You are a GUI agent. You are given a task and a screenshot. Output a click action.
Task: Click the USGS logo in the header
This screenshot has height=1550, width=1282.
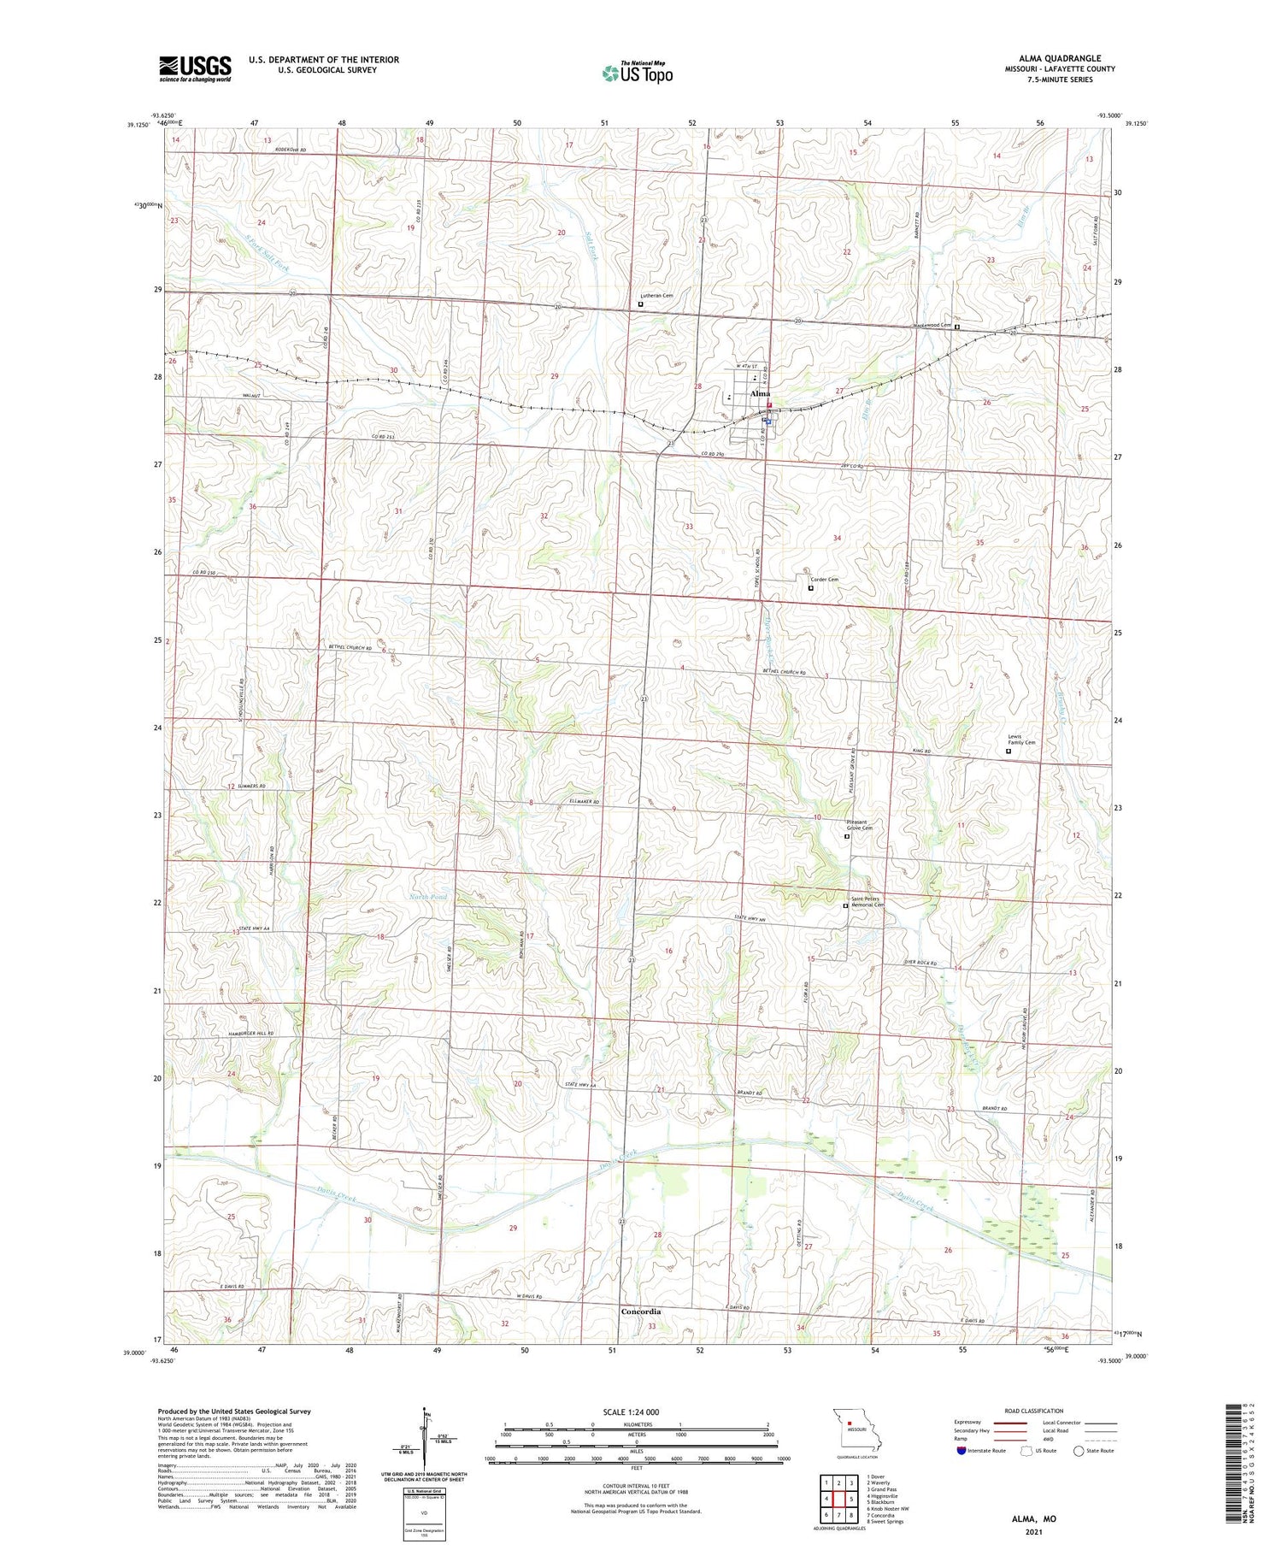point(195,68)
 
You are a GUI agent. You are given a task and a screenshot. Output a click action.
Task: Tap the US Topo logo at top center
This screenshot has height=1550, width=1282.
point(637,74)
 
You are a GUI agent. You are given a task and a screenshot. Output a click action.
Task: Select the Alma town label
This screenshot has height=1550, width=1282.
point(759,393)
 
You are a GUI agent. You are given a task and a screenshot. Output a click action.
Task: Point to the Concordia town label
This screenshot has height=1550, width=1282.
point(641,1311)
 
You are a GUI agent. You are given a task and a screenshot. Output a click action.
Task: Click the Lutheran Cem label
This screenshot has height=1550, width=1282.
point(656,296)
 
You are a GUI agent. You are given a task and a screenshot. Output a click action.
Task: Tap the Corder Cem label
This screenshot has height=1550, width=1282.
point(824,580)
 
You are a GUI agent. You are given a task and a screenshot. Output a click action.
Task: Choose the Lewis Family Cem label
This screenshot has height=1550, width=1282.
point(1021,740)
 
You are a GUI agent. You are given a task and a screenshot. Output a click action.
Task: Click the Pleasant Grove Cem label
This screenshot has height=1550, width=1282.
point(859,825)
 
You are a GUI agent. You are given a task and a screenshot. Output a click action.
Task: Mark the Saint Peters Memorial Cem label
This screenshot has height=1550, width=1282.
point(867,902)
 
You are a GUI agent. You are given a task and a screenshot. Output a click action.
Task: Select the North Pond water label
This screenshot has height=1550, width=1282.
point(427,897)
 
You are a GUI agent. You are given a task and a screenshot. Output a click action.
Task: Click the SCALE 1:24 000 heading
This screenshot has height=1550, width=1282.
point(631,1412)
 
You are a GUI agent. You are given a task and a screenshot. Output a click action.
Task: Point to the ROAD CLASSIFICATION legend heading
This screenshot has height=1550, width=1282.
point(1034,1411)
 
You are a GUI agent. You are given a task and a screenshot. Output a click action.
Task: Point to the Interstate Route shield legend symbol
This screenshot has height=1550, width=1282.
point(961,1451)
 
